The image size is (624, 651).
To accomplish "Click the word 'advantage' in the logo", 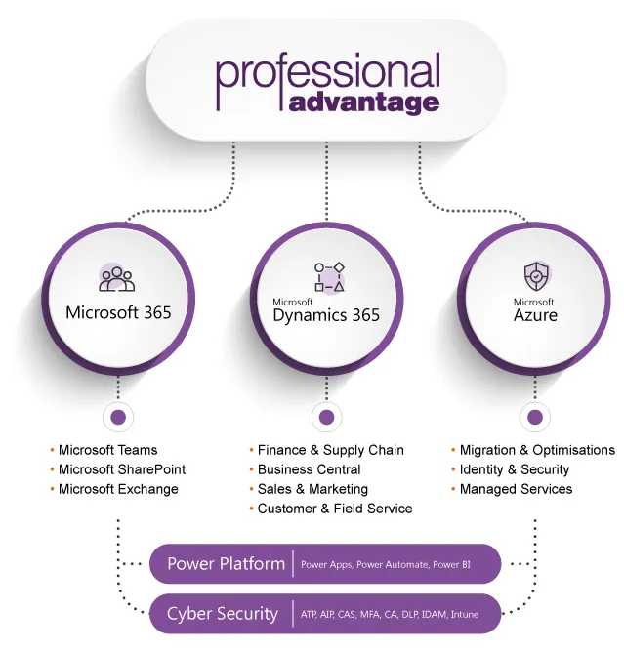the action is coord(364,102).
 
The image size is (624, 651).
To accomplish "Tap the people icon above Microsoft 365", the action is coord(117,279).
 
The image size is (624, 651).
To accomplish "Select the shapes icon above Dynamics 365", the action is coord(329,277).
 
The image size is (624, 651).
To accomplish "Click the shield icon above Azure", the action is coord(536,275).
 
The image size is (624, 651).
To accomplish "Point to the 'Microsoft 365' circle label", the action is coord(118,312).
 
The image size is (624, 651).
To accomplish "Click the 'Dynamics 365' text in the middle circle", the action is coord(326,315).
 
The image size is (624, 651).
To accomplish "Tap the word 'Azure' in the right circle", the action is coord(535,315).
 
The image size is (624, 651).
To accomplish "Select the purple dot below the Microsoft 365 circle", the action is coord(118,417).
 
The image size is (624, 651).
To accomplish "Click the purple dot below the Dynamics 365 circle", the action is coord(326,417).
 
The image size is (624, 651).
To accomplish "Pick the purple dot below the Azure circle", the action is coord(535,417).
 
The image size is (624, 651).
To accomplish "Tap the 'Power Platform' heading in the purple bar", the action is coord(226,564).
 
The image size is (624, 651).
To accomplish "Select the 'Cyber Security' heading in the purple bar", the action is coord(223,614).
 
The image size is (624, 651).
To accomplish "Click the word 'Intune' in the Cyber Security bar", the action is coord(465,615).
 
